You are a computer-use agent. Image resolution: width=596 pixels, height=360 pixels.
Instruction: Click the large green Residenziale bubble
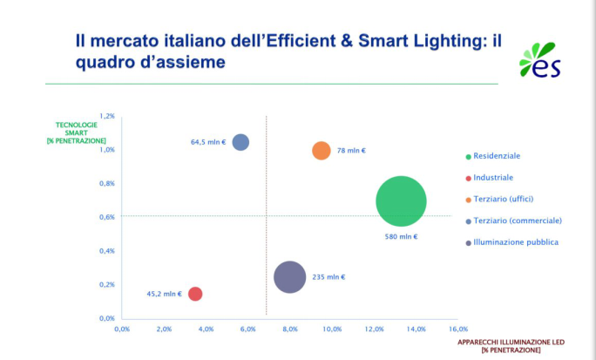[401, 201]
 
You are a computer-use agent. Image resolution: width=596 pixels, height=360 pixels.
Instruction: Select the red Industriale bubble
[195, 294]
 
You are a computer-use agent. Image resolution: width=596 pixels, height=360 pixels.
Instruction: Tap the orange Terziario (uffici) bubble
[322, 150]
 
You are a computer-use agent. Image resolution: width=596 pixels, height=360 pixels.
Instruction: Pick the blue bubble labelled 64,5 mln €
[240, 142]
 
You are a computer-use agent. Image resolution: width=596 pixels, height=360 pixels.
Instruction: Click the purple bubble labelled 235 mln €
[289, 277]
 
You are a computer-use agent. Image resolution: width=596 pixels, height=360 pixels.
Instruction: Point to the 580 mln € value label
[402, 236]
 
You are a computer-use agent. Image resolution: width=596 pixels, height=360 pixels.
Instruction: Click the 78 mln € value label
[351, 151]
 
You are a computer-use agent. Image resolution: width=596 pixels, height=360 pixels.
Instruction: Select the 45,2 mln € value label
[165, 294]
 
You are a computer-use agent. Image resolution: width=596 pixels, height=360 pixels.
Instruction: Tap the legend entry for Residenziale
[498, 156]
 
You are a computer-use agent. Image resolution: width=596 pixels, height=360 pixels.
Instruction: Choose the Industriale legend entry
[494, 178]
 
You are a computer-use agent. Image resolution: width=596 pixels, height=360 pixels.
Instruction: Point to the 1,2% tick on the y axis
[107, 116]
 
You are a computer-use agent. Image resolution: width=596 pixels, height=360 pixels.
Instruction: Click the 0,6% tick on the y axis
[107, 217]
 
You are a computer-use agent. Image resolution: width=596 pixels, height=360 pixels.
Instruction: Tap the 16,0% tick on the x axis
[458, 329]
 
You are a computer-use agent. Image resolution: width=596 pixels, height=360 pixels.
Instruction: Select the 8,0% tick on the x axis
[290, 329]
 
